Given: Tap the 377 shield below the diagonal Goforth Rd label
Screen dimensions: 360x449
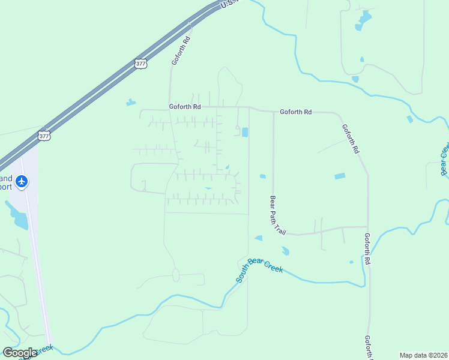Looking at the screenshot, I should pos(140,64).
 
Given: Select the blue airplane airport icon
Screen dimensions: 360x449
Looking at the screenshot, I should pos(22,181).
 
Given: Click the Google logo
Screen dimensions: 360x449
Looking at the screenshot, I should pos(20,353).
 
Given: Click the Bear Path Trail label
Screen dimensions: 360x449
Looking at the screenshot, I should pos(278,215).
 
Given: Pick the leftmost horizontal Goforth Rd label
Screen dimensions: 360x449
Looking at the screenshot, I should pos(184,107).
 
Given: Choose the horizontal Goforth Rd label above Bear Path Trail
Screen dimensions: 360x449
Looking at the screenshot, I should pos(296,112).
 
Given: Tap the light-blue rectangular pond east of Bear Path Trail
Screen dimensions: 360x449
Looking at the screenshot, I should pos(340,176).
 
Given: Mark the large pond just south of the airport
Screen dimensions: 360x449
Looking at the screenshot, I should pos(20,220).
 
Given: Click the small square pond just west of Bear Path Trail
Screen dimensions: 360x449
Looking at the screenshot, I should pos(262,176).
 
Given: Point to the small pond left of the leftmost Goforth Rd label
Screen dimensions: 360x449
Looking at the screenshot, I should pos(131,102).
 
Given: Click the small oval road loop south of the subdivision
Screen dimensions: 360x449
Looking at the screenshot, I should pos(176,275).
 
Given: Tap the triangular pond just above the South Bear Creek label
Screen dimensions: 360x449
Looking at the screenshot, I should pos(258,238).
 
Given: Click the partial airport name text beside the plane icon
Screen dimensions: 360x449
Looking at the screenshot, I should pos(6,182).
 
